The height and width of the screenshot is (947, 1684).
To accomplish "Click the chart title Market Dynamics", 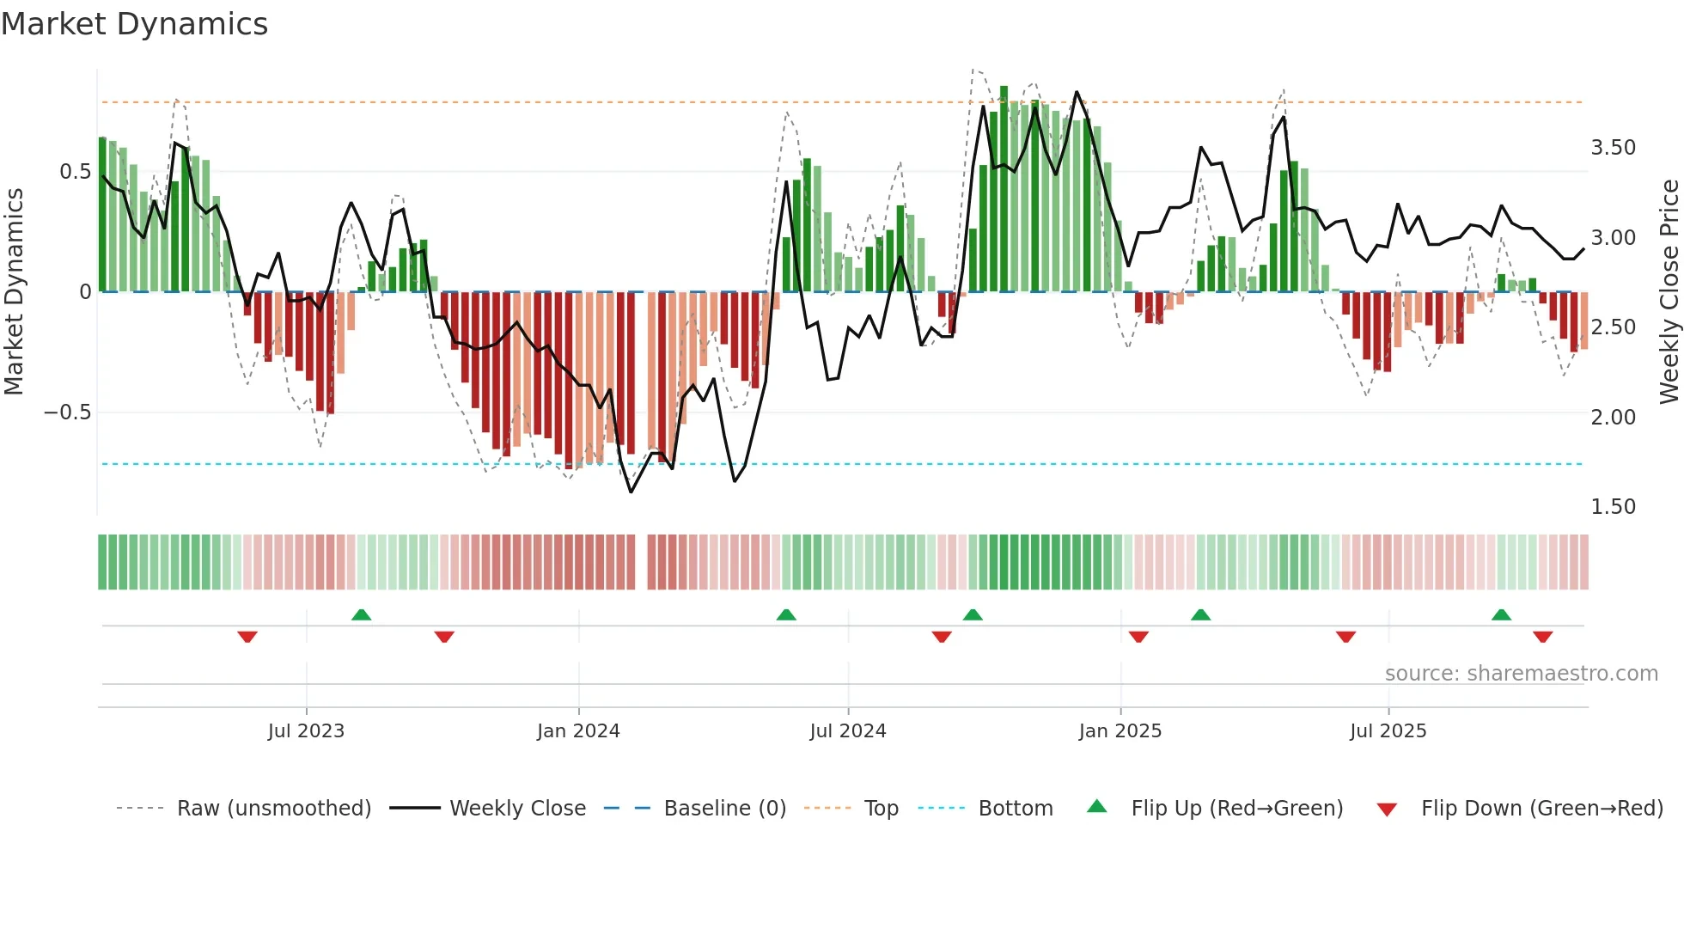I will [134, 24].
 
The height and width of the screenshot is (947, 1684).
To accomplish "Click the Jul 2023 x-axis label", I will [306, 731].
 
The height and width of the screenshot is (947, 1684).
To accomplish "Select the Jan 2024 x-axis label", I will [578, 731].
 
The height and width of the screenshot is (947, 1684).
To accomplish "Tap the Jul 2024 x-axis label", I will [847, 731].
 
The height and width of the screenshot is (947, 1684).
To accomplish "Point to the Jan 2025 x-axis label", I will [1120, 731].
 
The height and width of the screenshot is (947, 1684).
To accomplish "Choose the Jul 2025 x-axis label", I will [1388, 731].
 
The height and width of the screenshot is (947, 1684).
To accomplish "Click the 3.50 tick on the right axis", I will [1613, 148].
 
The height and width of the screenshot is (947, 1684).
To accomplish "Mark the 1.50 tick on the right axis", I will [1613, 507].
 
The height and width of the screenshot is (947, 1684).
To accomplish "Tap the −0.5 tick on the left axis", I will [67, 412].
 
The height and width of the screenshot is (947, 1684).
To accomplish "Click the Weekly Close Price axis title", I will [1669, 291].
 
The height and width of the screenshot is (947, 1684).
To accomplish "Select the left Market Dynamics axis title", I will [14, 291].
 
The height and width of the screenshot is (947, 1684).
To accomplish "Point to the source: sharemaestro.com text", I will [1521, 674].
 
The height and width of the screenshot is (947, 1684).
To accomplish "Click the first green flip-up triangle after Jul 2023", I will [361, 615].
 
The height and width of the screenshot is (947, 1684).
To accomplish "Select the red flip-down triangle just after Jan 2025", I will [1138, 637].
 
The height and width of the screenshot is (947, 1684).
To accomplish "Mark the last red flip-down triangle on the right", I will [1542, 637].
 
